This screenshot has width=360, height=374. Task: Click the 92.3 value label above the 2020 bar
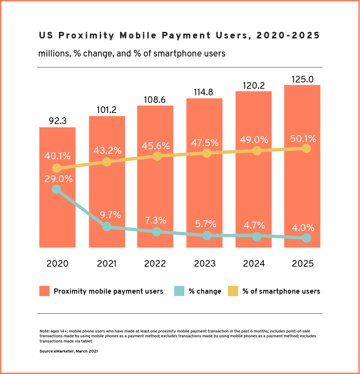(57, 121)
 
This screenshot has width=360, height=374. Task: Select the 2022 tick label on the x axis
(155, 263)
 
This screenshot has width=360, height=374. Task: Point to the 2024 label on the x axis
(254, 263)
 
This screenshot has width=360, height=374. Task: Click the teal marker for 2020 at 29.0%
(56, 189)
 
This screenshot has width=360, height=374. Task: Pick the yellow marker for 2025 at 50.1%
(306, 148)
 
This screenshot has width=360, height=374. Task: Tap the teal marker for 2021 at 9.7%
(107, 227)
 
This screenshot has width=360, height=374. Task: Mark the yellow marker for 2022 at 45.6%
(157, 156)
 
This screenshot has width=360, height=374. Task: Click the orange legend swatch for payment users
(44, 291)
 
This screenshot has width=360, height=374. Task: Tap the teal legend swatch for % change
(179, 291)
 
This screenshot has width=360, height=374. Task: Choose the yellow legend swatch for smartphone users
(233, 291)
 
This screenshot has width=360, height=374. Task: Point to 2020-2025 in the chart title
(288, 35)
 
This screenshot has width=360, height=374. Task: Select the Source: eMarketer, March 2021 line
(69, 351)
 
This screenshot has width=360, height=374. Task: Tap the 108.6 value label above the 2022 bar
(155, 100)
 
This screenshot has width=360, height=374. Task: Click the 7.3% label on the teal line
(155, 220)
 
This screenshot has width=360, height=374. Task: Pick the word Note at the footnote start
(44, 331)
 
